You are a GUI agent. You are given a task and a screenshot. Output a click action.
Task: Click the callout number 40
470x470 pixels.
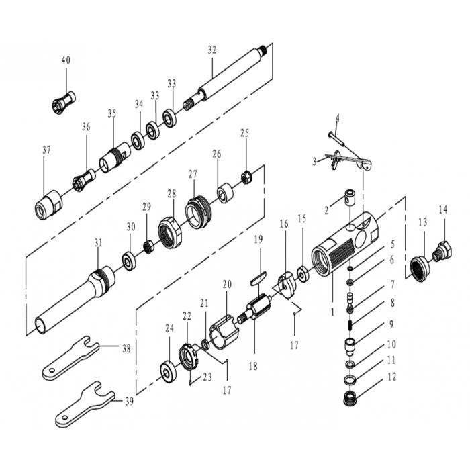[x=66, y=60]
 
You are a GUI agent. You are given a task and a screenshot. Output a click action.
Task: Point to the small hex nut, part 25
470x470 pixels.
[x=245, y=177]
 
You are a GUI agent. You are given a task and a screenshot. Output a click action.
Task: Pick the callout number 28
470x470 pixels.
[x=171, y=193]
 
